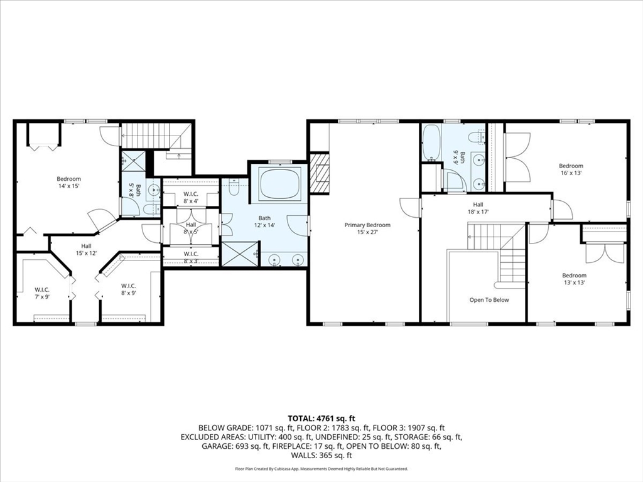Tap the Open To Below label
click(x=489, y=300)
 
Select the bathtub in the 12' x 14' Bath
click(x=279, y=183)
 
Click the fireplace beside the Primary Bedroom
click(x=320, y=173)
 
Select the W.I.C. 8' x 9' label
click(x=129, y=289)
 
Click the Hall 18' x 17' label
click(x=478, y=208)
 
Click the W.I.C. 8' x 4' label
click(x=191, y=197)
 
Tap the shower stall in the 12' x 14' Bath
click(x=239, y=254)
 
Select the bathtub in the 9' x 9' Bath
click(x=431, y=142)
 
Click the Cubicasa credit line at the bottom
click(x=321, y=469)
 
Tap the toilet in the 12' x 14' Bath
click(x=234, y=186)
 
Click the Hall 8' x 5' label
click(x=191, y=228)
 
